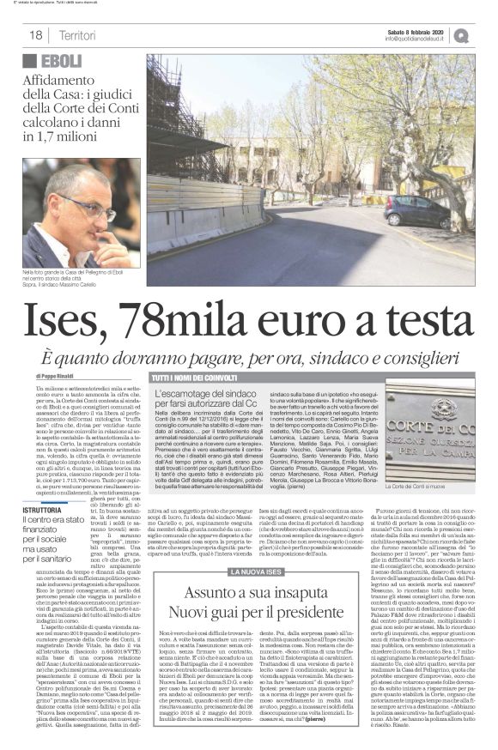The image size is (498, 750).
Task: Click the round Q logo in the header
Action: pyautogui.click(x=485, y=34)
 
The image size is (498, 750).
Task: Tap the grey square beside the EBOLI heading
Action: pyautogui.click(x=30, y=62)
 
